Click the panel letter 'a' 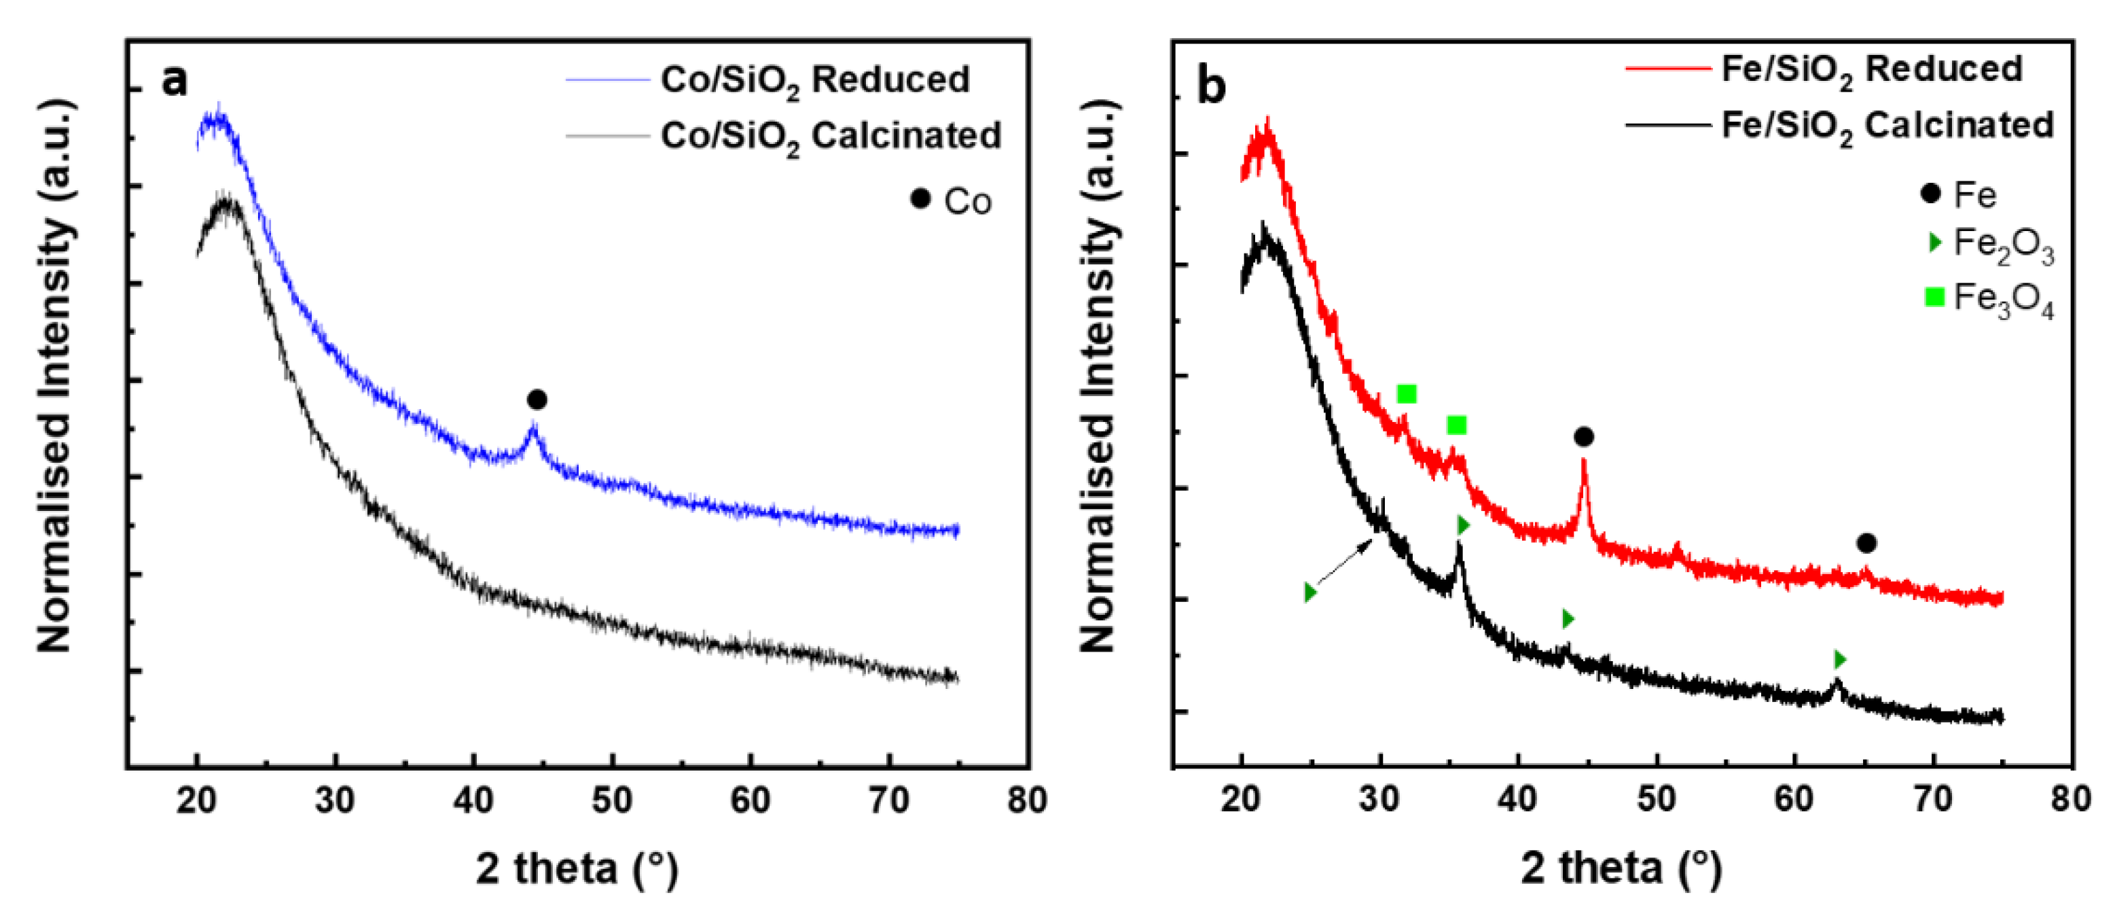[174, 80]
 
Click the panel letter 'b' [1212, 86]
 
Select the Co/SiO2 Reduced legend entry [814, 80]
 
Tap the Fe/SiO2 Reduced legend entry [1871, 70]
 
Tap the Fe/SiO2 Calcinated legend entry [1887, 126]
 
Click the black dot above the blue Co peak [537, 400]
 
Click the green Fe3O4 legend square [1934, 298]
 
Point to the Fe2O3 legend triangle [1935, 243]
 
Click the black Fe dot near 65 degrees [1866, 543]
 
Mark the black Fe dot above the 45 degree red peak [1584, 437]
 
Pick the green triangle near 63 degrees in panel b [1840, 660]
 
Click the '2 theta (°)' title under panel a [577, 868]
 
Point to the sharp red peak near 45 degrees [1584, 465]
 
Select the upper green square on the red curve [1407, 394]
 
